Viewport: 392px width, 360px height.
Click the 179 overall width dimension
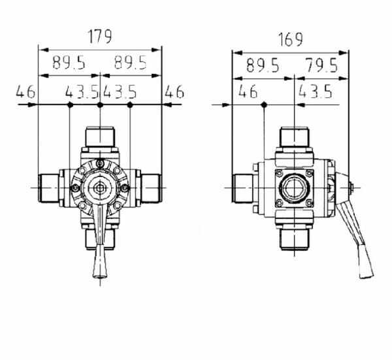[100, 37]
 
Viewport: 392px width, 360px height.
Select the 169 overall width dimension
[290, 39]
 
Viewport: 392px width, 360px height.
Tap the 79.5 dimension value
[322, 65]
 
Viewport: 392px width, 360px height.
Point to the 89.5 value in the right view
[263, 65]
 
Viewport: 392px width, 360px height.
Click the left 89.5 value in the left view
[69, 63]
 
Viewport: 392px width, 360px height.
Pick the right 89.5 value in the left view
[131, 63]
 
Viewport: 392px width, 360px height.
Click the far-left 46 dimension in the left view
[25, 91]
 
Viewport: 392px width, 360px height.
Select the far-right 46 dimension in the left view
[174, 91]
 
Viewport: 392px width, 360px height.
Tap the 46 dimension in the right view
[248, 91]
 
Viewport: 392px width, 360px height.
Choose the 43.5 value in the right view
[316, 91]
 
